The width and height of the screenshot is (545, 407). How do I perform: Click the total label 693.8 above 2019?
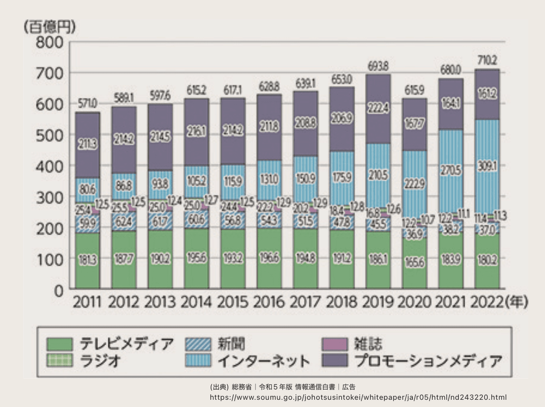(378, 66)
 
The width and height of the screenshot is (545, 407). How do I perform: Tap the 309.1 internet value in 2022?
(487, 167)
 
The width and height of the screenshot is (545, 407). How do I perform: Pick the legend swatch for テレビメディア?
(59, 344)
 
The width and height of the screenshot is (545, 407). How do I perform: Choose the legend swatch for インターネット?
(198, 361)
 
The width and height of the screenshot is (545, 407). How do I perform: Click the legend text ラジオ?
(100, 361)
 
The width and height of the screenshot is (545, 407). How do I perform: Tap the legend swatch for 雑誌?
(334, 344)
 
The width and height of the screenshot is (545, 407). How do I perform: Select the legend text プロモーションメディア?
(428, 361)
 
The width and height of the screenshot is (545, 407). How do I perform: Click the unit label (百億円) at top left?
(50, 26)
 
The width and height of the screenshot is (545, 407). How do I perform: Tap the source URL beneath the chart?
(358, 397)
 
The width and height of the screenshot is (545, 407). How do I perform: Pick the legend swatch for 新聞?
(198, 344)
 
